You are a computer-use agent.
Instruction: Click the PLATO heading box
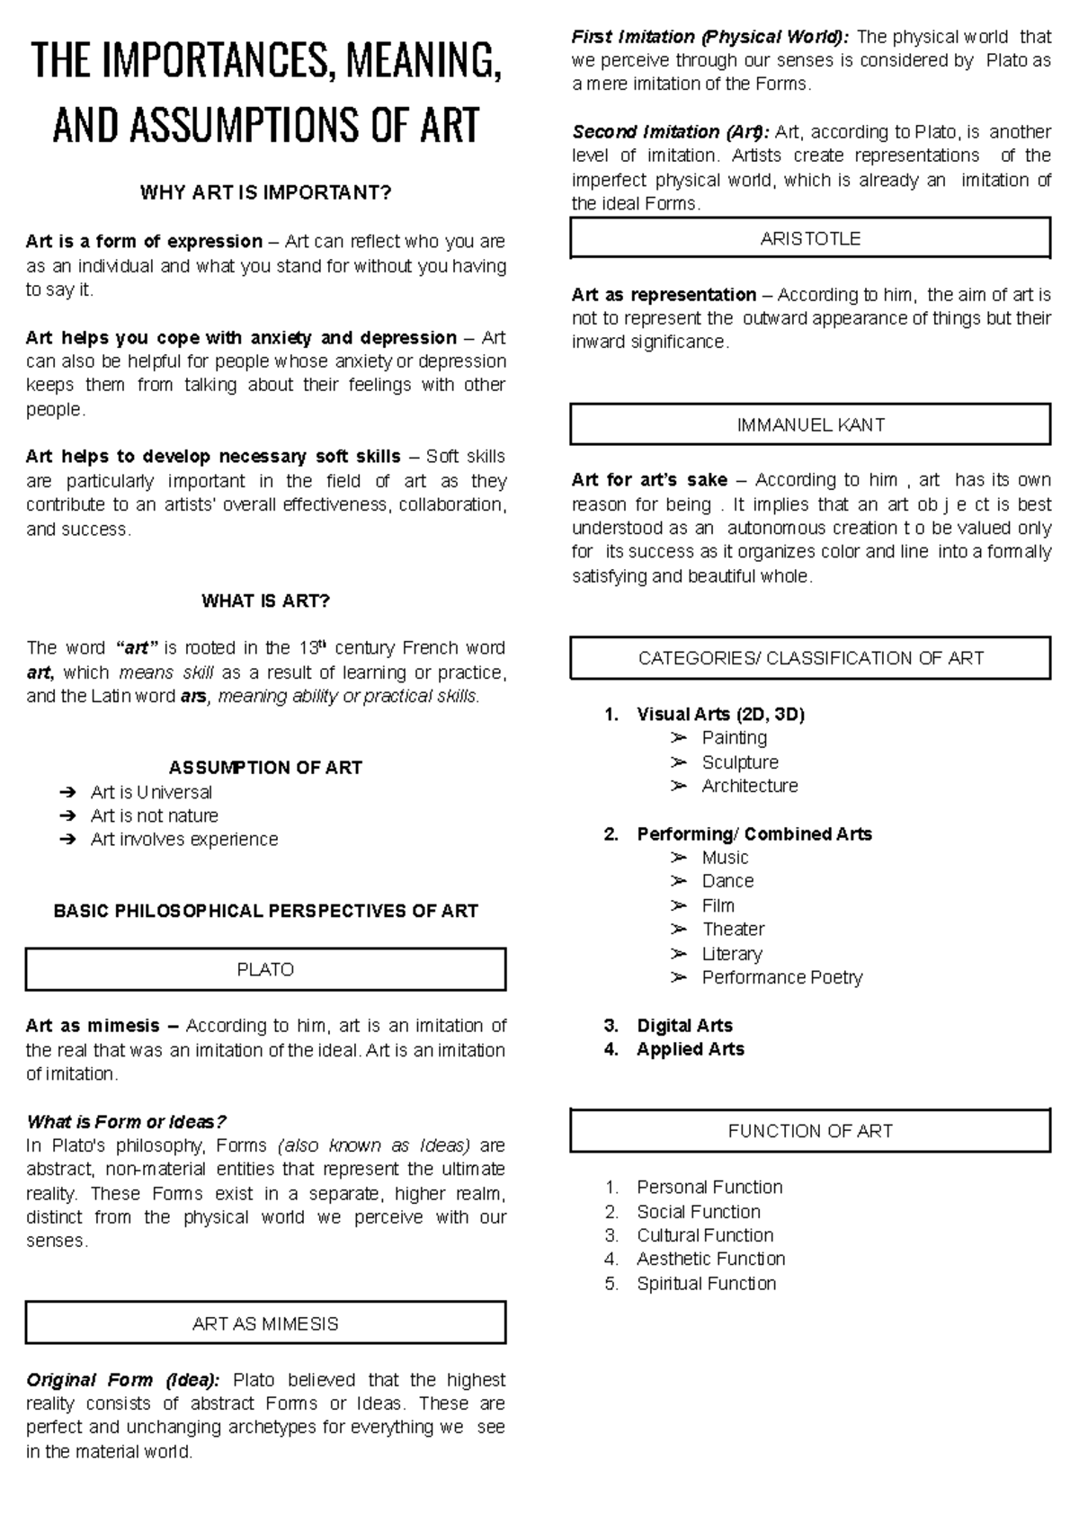pos(265,969)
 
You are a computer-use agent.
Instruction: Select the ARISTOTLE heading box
pos(810,238)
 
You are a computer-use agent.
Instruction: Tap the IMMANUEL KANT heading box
pos(810,424)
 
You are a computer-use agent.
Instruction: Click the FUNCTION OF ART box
pos(810,1131)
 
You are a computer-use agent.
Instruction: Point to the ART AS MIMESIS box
pos(265,1323)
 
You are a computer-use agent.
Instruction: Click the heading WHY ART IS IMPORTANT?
pos(265,193)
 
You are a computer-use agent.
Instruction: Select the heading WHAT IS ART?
pos(265,601)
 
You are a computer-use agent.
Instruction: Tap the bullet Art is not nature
pos(154,815)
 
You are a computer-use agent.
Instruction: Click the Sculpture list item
pos(739,762)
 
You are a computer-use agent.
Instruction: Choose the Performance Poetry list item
pos(781,977)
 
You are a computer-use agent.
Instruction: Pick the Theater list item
pos(733,929)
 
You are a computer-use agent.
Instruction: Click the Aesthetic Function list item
pos(710,1259)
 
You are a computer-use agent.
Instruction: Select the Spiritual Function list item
pos(706,1283)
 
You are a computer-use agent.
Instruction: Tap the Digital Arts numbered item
pos(683,1026)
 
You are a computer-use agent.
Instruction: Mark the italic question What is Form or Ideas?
pos(126,1121)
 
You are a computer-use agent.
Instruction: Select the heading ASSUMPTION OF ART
pos(265,768)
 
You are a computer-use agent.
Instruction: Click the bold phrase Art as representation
pos(664,295)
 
